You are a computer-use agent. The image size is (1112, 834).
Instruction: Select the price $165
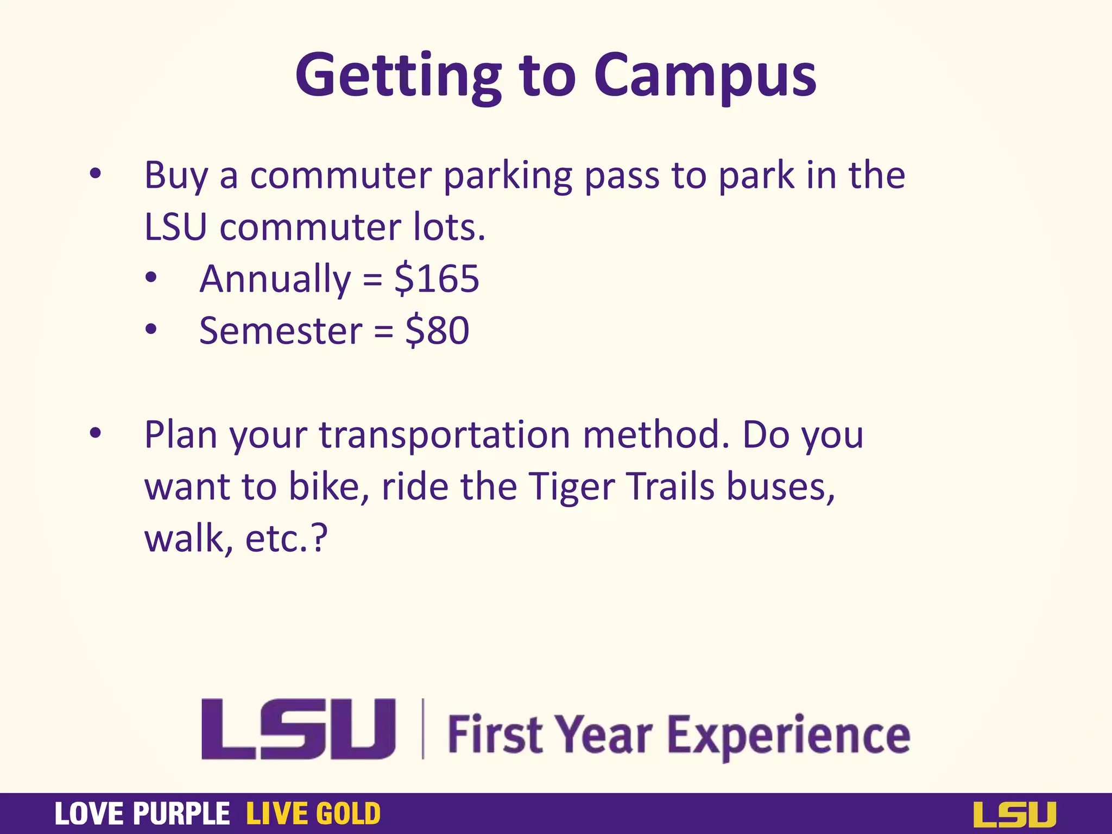437,279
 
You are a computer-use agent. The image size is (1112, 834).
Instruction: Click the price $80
437,331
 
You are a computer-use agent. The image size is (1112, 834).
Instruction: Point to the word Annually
275,279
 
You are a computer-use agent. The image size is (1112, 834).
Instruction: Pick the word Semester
281,331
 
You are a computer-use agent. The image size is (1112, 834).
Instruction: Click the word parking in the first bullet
508,176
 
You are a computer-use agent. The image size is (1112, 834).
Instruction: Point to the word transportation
444,435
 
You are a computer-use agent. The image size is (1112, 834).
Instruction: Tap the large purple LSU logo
298,729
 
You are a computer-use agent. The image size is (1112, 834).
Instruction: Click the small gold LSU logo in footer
1014,814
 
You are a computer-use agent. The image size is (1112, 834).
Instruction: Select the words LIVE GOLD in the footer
313,814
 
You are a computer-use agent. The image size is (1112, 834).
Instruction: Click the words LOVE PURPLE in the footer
142,814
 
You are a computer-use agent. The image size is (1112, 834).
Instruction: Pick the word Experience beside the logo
788,736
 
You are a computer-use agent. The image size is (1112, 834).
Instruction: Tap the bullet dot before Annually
151,278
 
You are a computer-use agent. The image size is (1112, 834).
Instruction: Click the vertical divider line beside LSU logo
423,729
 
